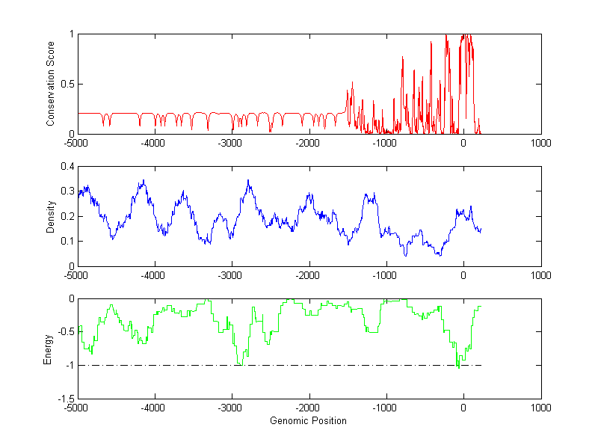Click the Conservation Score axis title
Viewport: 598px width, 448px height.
tap(51, 84)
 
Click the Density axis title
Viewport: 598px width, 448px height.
tap(51, 216)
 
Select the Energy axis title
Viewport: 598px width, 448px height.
tap(48, 349)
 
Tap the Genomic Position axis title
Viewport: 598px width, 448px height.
tap(308, 420)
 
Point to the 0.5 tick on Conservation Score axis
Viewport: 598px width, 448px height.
tap(68, 84)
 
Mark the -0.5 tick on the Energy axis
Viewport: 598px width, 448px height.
tap(66, 332)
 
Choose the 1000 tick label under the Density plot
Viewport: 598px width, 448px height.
tap(540, 275)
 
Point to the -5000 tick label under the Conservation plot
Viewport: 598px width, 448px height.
tap(76, 143)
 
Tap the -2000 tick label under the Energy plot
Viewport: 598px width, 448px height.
tap(308, 408)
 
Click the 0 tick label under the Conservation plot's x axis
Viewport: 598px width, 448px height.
tap(463, 143)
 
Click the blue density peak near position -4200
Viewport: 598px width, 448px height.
tap(143, 180)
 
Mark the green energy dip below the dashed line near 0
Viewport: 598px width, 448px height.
tap(459, 368)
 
